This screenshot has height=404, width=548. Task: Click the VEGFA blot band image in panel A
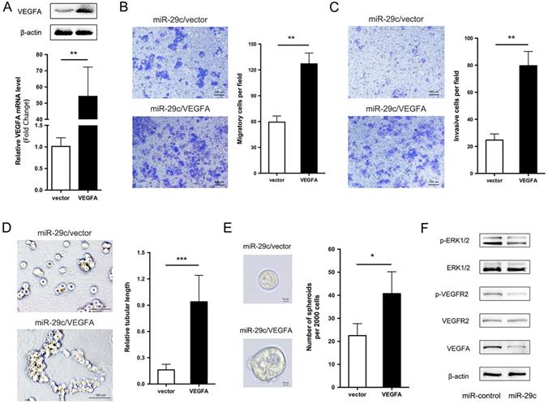coord(68,11)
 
